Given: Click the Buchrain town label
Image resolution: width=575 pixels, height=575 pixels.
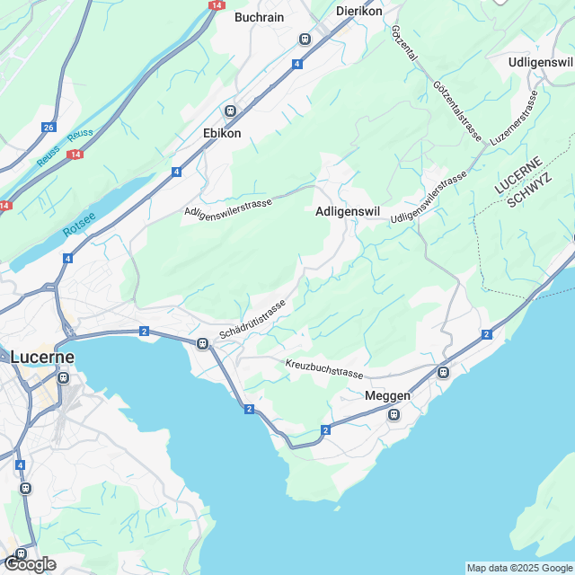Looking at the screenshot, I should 260,17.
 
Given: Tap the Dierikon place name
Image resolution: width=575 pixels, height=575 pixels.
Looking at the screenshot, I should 358,11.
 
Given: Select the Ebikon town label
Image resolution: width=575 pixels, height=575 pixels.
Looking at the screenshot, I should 223,133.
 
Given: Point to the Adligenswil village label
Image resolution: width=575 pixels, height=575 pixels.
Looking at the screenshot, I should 349,212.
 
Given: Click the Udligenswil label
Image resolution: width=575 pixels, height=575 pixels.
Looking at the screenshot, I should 540,62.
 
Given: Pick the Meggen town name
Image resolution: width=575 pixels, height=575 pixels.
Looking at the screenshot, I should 388,396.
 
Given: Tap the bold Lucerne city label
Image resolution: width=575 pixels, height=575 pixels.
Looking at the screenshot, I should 42,357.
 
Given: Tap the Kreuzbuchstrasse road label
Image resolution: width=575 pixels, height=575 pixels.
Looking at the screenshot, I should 324,368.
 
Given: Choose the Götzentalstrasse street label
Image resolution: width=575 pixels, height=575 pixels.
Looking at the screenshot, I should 457,111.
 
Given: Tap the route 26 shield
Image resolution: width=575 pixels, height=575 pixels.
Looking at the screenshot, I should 49,128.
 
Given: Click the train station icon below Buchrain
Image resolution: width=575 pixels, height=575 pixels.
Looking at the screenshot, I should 305,39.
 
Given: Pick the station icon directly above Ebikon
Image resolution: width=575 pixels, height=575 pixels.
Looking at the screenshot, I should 230,111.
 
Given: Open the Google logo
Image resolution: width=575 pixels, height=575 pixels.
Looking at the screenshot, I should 29,564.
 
